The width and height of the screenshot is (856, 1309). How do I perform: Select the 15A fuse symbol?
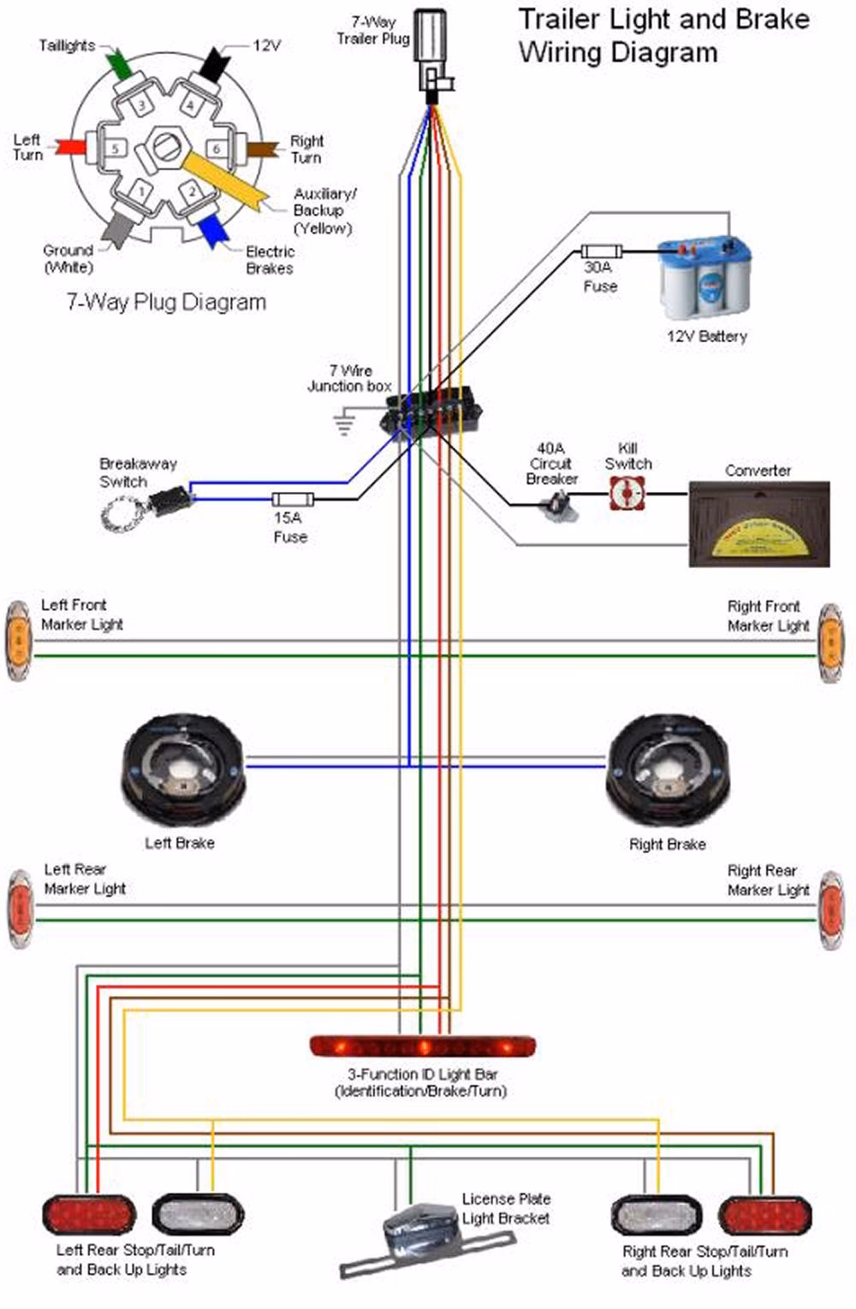click(x=293, y=500)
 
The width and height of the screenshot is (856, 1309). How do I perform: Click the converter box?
click(x=758, y=524)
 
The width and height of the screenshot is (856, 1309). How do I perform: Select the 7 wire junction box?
click(x=431, y=412)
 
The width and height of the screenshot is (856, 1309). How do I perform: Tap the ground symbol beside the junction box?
click(x=344, y=421)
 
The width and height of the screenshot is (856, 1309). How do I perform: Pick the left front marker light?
click(x=17, y=642)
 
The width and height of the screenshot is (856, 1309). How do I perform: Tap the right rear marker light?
click(x=829, y=911)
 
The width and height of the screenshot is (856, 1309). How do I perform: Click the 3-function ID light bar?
click(x=422, y=1045)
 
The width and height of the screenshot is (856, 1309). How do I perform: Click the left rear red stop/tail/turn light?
click(x=88, y=1216)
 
